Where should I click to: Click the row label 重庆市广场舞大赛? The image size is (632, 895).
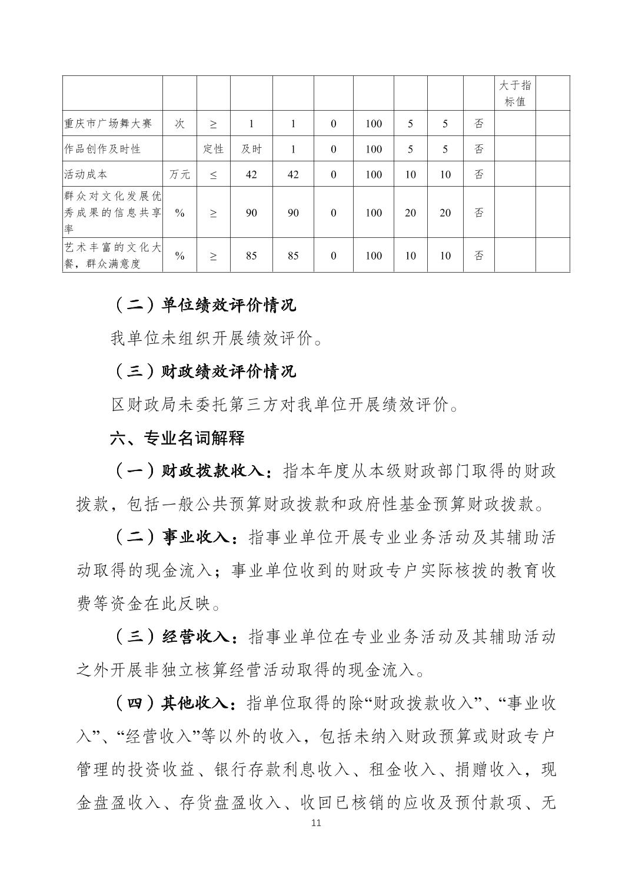pos(108,124)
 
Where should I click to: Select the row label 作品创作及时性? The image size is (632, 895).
pos(102,149)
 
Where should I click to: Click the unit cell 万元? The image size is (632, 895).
pos(179,174)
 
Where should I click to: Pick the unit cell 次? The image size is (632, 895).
pos(179,124)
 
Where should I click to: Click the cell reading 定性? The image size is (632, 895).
pos(213,149)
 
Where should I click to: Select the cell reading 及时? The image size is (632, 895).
pos(251,149)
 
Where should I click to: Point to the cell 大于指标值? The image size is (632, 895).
pos(515,93)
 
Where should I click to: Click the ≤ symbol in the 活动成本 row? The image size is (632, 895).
pos(213,174)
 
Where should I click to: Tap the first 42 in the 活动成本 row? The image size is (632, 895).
pos(251,174)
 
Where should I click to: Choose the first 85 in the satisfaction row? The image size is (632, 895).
pos(251,256)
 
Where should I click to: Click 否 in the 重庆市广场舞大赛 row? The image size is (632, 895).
pos(479,124)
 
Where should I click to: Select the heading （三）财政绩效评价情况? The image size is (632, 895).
pos(204,371)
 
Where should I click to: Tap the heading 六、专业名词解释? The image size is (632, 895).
pos(177,438)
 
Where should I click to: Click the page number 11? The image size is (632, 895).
pos(316,823)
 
